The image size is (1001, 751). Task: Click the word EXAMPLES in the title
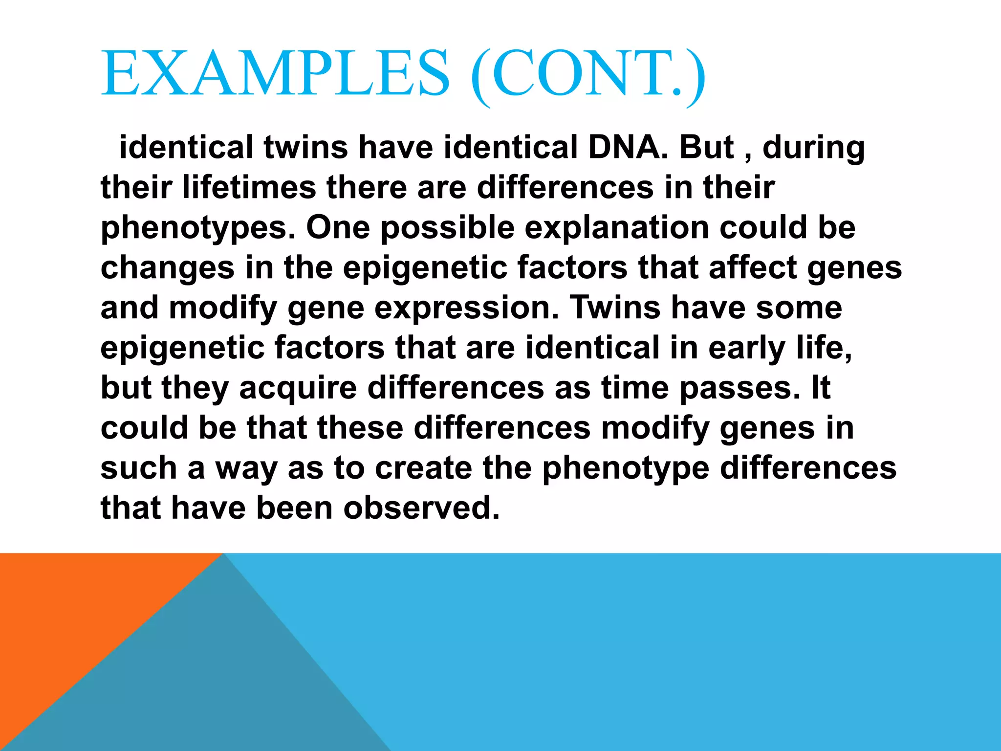(275, 73)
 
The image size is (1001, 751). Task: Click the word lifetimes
(249, 187)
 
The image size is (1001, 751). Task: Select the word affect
(753, 267)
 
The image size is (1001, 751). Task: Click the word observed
(421, 508)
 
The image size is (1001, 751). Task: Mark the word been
(294, 508)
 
